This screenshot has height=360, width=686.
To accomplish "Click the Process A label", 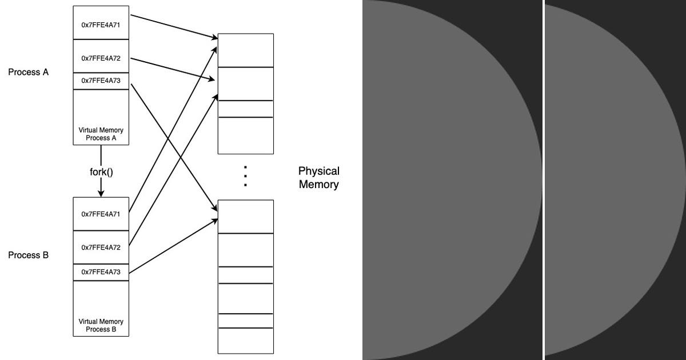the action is point(28,73).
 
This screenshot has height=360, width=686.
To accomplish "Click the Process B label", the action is point(28,255).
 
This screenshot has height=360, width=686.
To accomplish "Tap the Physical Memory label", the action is point(318,178).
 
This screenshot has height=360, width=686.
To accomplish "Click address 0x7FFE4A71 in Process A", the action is point(101,26).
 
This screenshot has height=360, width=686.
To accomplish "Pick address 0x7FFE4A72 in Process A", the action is point(101,58).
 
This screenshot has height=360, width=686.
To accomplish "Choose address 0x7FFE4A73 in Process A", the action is point(101,81).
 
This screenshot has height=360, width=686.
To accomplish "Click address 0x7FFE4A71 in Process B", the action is point(101,214).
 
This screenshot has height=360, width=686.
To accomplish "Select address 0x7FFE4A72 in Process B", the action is point(101,247).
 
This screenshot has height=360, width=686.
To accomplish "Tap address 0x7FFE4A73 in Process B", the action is point(101,272).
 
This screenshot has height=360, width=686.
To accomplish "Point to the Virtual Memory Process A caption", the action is point(101,134).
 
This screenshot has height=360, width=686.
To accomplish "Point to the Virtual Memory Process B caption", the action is point(101,326).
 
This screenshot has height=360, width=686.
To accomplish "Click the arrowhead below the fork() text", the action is point(101,194).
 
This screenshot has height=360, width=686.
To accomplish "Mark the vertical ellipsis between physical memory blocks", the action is point(245,177).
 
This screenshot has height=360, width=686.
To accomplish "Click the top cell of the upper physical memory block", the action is point(246,50).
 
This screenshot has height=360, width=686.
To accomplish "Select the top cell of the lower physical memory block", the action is point(246,217).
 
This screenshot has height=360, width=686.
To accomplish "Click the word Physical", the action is point(318,171).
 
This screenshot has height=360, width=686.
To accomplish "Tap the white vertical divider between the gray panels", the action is point(543,180).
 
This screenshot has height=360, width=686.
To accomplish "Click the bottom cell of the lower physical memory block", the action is point(246,341).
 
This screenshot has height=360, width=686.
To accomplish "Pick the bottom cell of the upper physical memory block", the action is point(246,135).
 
